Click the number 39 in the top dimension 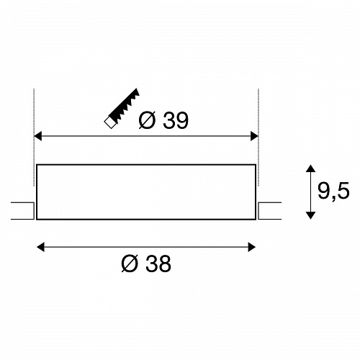coord(176,120)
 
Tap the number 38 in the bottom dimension coord(158,264)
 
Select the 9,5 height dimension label coord(333,191)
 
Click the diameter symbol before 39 coord(147,120)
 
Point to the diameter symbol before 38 coord(130,264)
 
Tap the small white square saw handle coord(110,122)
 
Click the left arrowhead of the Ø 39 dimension coord(37,136)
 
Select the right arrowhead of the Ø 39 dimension coord(254,136)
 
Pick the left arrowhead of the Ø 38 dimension coord(40,247)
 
